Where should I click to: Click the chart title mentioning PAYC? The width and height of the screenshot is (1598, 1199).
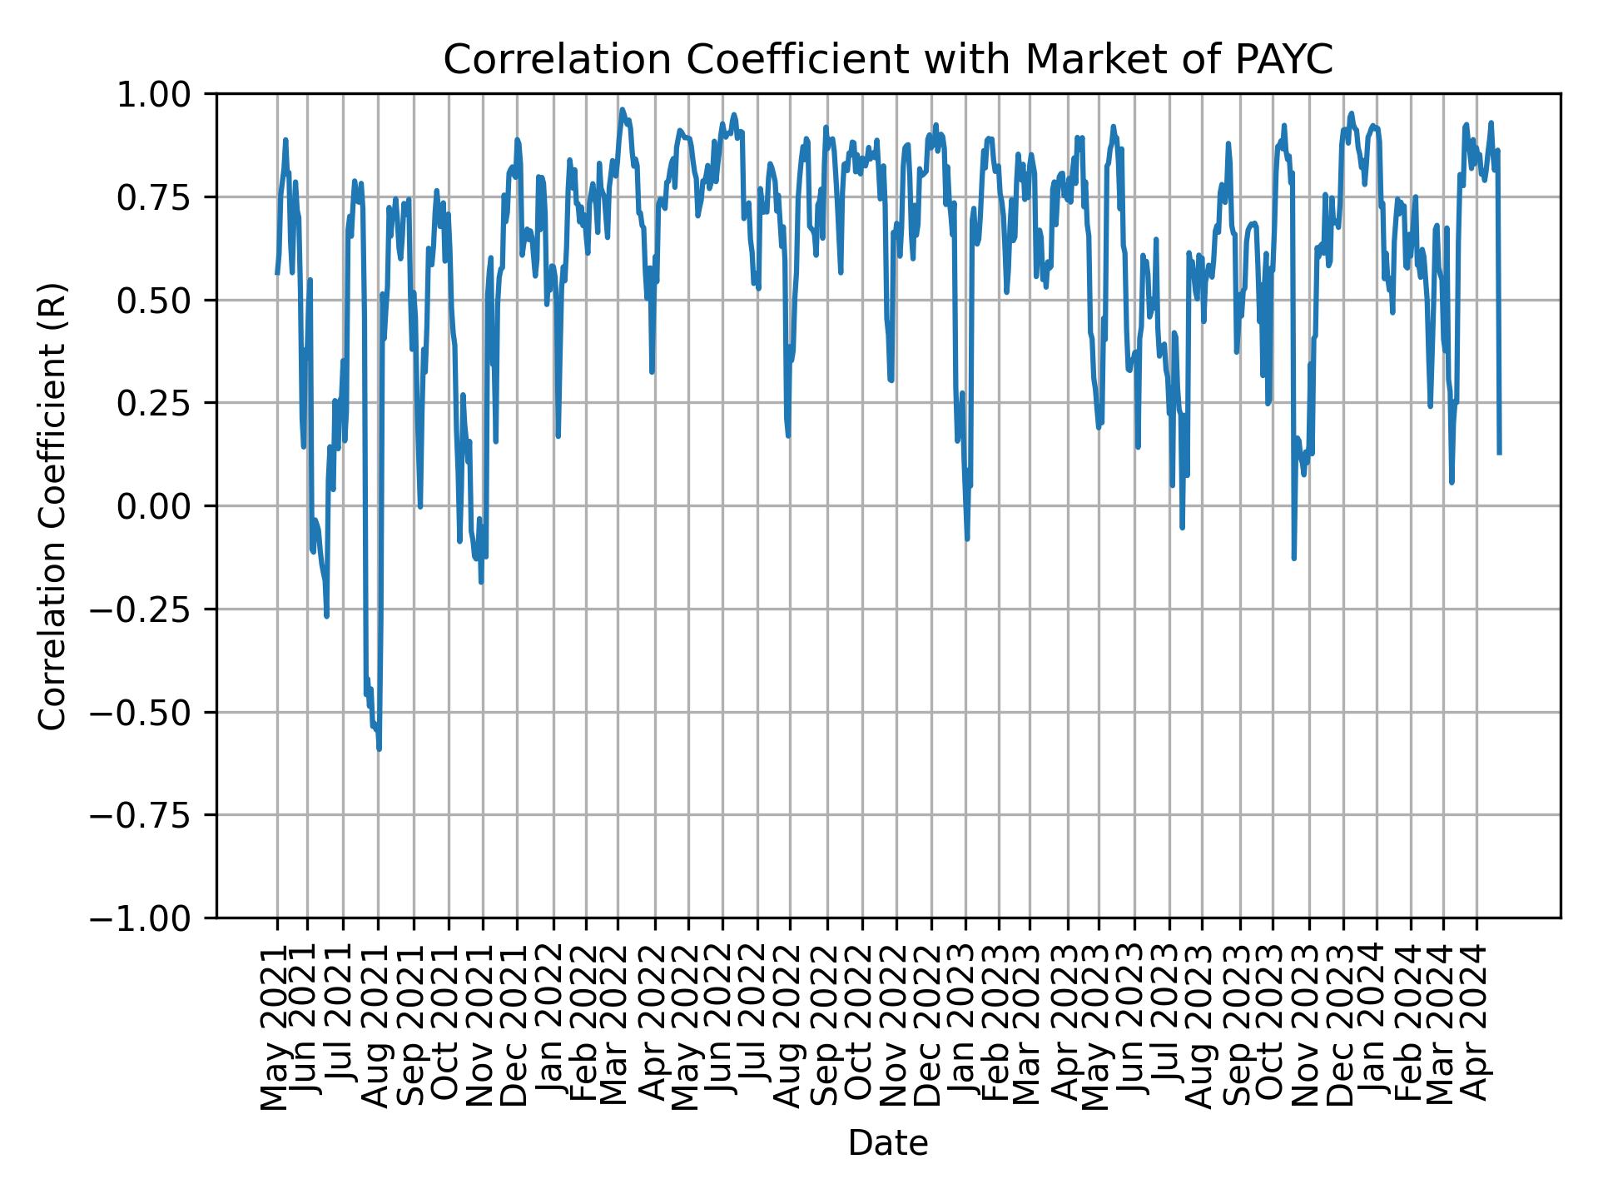(888, 60)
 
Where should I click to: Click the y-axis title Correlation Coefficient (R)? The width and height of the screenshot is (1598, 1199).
(52, 505)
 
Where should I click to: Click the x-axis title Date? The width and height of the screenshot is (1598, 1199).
(888, 1143)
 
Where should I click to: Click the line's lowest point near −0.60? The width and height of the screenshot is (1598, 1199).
(380, 749)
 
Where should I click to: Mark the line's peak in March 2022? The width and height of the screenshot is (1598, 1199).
(622, 109)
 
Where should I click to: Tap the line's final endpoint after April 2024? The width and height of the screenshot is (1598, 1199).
(1499, 453)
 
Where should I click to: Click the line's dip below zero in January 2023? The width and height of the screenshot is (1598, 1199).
(967, 539)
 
